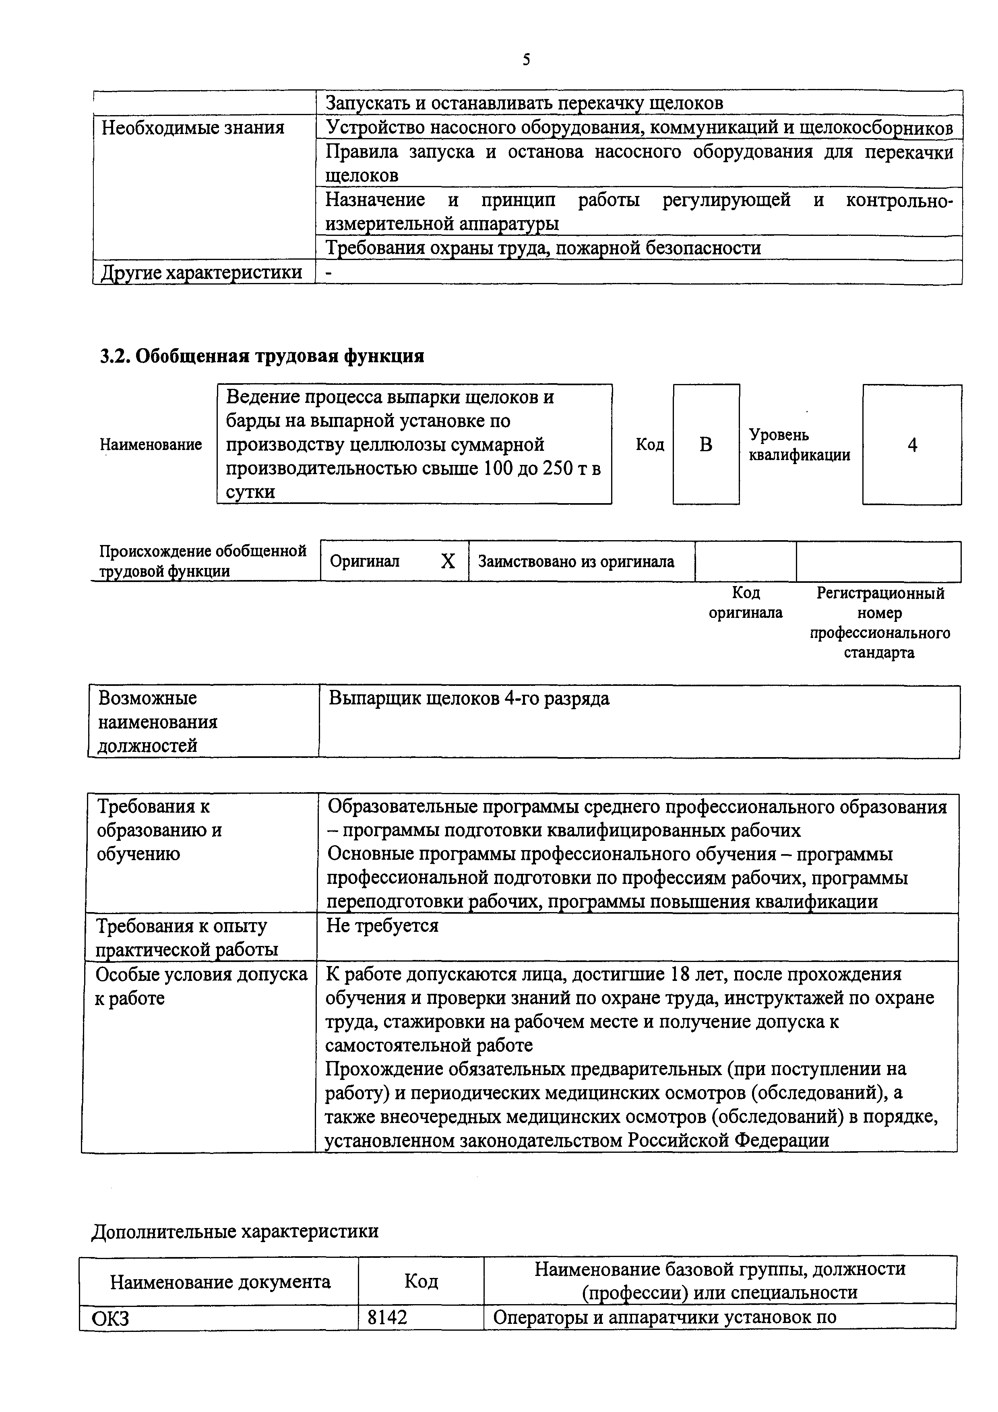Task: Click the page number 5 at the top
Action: tap(526, 60)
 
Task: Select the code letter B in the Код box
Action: tap(706, 445)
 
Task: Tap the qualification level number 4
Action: tap(912, 445)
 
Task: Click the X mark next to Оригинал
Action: tap(448, 561)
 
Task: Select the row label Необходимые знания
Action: tap(193, 128)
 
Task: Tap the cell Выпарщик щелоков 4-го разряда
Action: tap(469, 699)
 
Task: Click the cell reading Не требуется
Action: tap(382, 925)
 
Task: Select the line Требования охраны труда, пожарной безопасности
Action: tap(543, 248)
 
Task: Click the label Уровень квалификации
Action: tap(800, 445)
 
